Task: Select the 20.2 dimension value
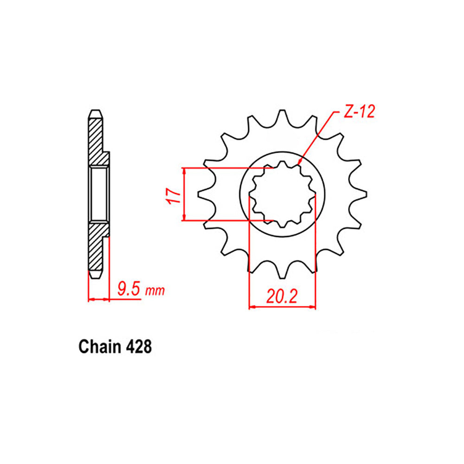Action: [282, 296]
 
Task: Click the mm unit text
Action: [154, 292]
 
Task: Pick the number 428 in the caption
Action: [138, 347]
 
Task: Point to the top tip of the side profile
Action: [95, 112]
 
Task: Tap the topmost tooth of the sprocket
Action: [282, 114]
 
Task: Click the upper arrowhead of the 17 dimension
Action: [185, 171]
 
